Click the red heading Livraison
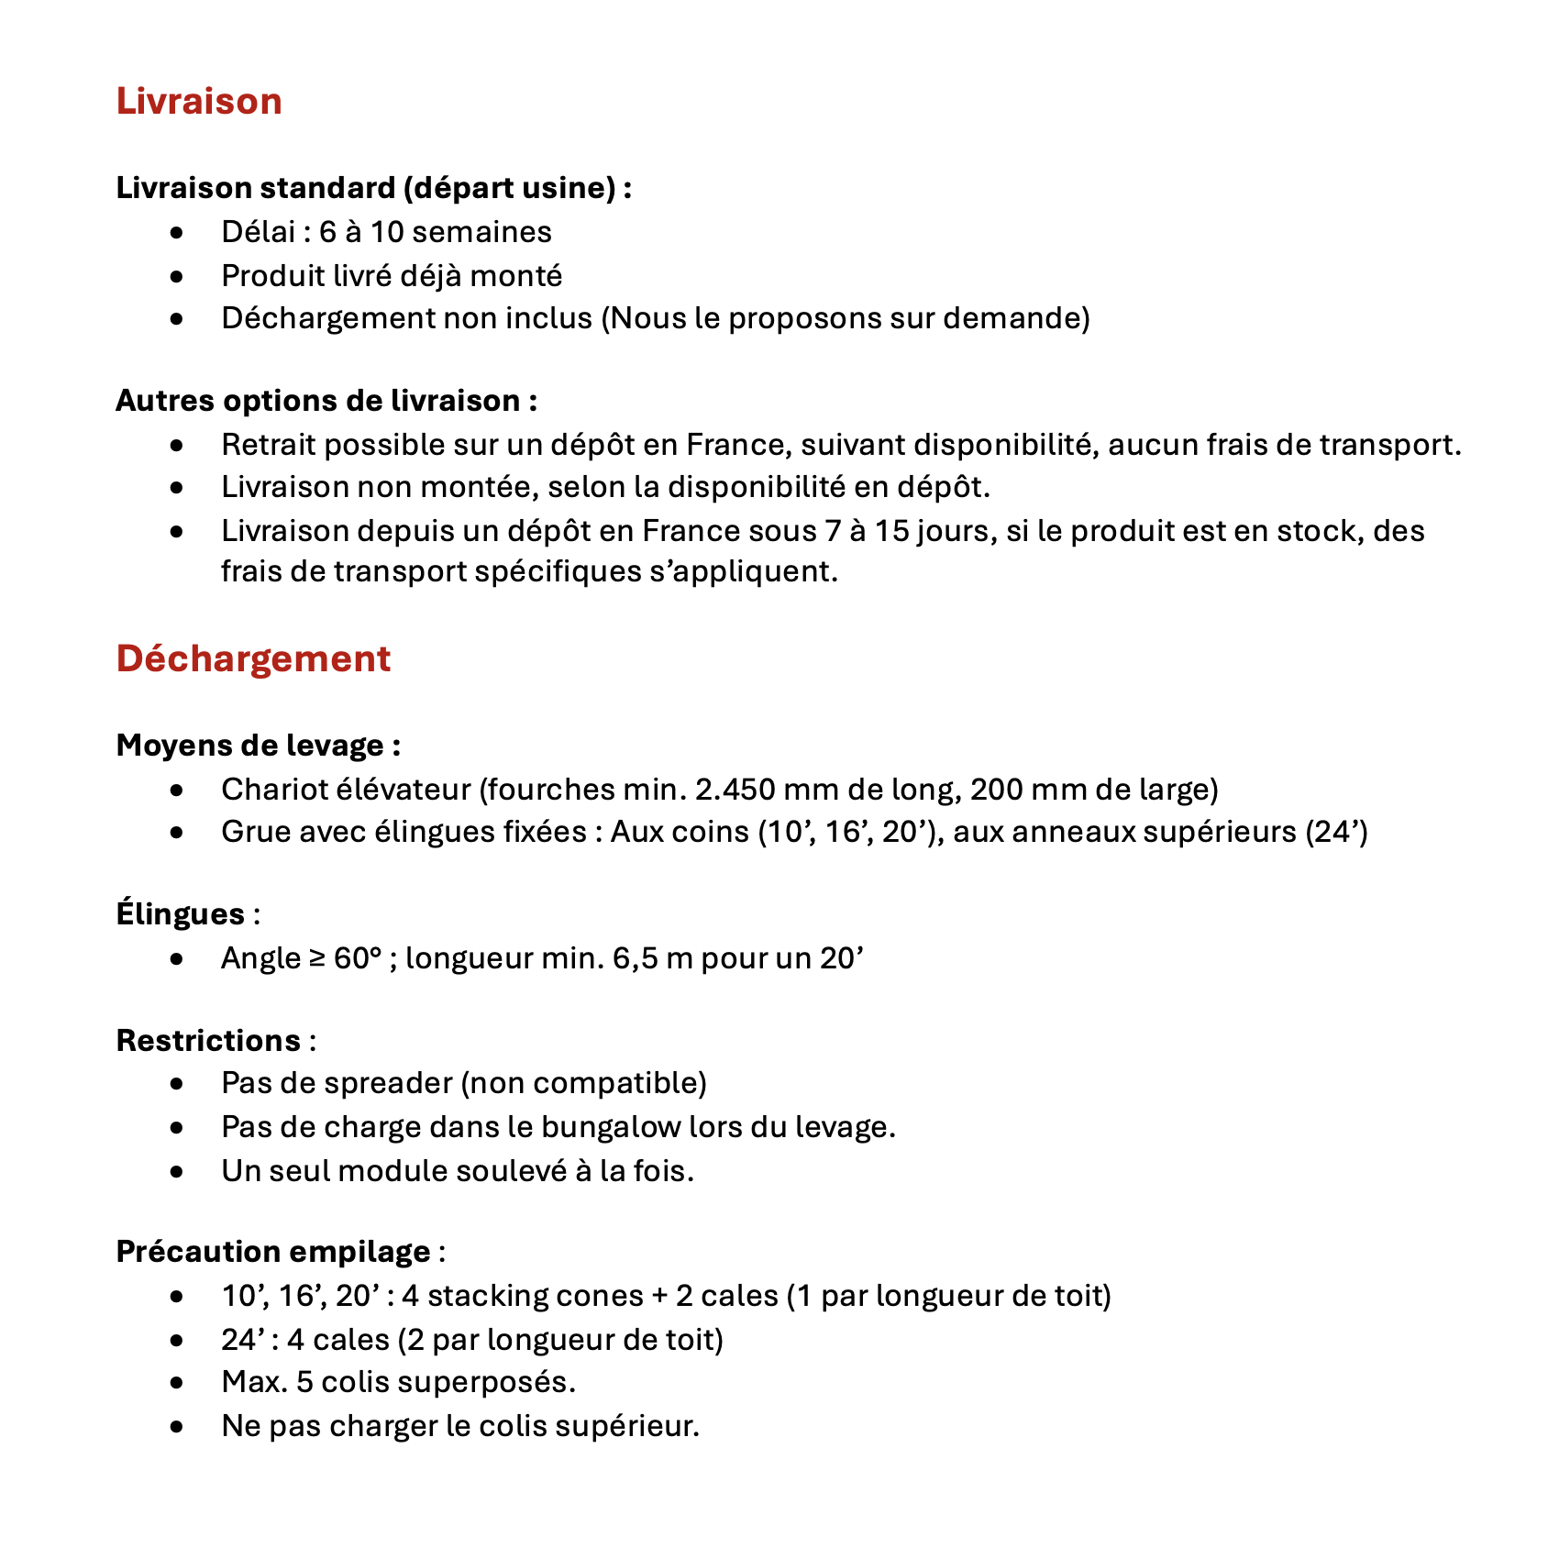[199, 101]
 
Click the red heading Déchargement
[253, 658]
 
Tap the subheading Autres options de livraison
[326, 401]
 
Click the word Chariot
[269, 789]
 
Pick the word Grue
[253, 832]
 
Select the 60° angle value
[358, 958]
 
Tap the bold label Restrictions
[208, 1041]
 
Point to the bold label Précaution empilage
[273, 1252]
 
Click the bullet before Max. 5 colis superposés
[177, 1383]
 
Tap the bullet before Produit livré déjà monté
[177, 276]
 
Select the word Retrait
[269, 445]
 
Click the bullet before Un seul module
[177, 1172]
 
